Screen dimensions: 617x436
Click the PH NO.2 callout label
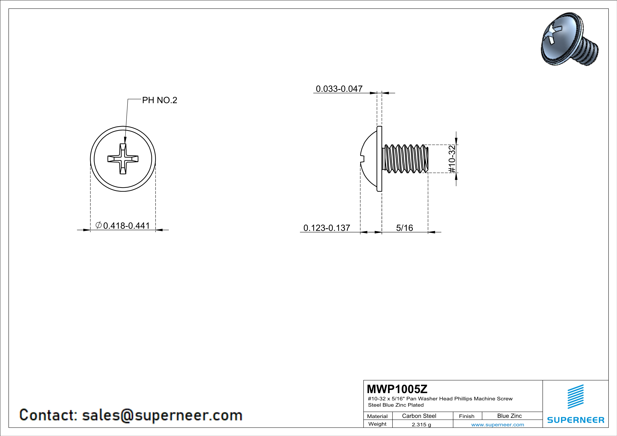[x=160, y=100]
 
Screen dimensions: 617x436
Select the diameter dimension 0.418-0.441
[x=123, y=226]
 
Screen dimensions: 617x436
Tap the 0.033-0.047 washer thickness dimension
[x=339, y=89]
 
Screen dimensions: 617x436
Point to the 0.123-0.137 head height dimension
[x=327, y=228]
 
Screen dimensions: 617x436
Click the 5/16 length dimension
[x=404, y=228]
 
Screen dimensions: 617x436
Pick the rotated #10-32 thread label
[x=452, y=159]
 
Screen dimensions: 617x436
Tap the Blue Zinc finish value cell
[x=510, y=416]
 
